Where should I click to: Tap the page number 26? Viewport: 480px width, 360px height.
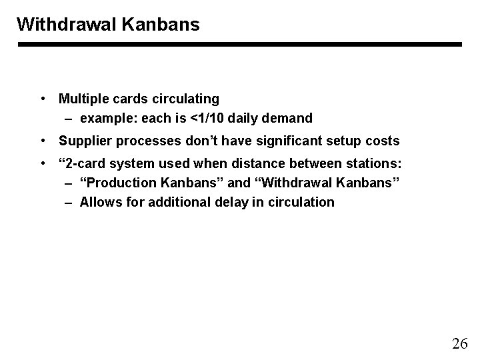tap(459, 344)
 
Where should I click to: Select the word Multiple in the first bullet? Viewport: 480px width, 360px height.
tap(83, 99)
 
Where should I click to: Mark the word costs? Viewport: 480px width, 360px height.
tap(380, 141)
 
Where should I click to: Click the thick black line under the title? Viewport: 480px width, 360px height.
tap(239, 45)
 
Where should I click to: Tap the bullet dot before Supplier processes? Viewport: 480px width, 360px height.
tap(43, 141)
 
